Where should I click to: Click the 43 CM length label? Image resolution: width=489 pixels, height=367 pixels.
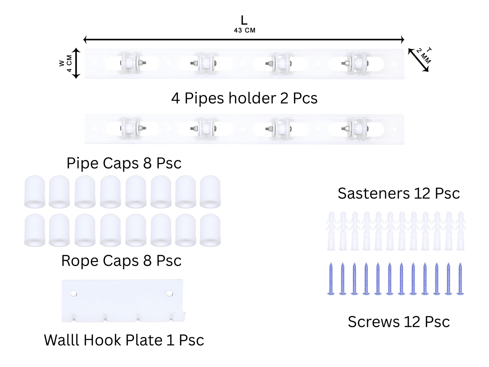click(244, 30)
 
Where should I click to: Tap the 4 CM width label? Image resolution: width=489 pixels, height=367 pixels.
click(69, 63)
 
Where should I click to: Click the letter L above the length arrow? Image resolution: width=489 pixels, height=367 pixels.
click(244, 20)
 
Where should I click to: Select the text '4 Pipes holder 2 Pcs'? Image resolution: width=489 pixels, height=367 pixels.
click(244, 98)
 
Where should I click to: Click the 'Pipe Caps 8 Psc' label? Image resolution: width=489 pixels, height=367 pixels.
click(124, 163)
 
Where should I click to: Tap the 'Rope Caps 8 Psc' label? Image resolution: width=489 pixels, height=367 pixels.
click(121, 261)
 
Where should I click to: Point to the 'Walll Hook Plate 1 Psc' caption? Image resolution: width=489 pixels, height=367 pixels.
click(124, 340)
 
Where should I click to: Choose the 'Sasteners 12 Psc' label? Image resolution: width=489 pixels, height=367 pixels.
click(399, 193)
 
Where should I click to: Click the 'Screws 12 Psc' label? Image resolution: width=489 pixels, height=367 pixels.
click(399, 322)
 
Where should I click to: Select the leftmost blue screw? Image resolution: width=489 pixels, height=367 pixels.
click(331, 279)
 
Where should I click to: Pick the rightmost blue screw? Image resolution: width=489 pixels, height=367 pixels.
click(460, 279)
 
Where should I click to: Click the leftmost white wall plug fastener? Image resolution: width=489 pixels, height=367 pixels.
click(331, 231)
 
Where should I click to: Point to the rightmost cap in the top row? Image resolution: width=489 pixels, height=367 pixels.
click(210, 191)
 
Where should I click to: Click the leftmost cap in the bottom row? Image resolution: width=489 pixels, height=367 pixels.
click(35, 230)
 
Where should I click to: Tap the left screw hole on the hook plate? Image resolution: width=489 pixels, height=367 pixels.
click(74, 294)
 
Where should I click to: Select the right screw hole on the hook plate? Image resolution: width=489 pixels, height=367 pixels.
click(170, 294)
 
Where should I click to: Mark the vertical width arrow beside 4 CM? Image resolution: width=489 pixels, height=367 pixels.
click(76, 63)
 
